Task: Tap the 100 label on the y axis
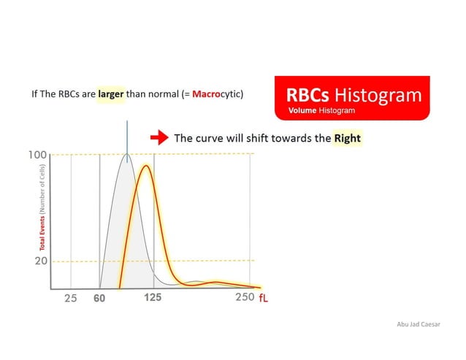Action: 38,155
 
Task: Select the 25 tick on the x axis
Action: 70,298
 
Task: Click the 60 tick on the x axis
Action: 99,298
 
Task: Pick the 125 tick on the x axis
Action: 153,297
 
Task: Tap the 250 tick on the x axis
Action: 245,297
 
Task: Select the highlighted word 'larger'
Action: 111,95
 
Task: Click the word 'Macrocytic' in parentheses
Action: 216,95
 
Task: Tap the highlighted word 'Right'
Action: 347,137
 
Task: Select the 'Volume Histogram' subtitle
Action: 321,110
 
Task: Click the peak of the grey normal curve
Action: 127,156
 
